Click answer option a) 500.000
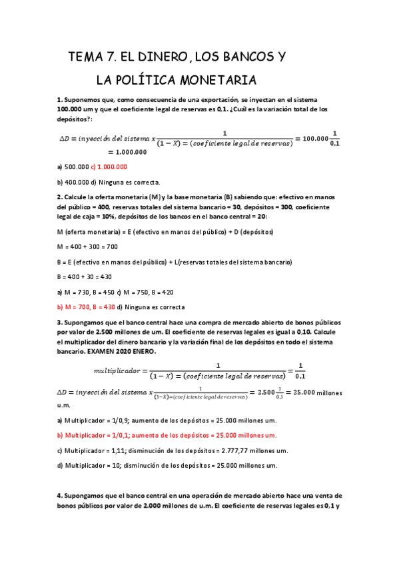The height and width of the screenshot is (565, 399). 73,167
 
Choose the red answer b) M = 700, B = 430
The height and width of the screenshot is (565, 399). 85,307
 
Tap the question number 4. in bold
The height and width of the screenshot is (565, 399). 60,496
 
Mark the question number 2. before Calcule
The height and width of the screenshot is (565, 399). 60,197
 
